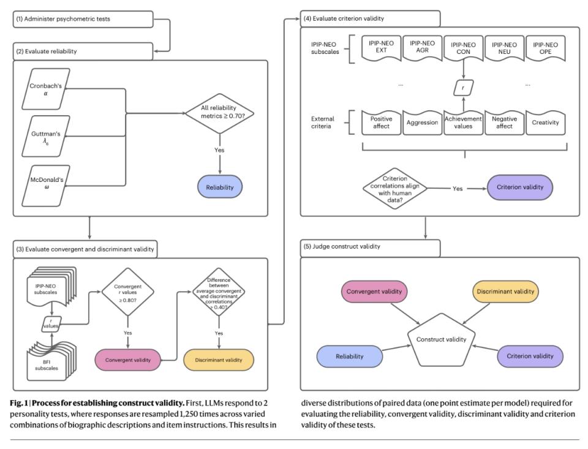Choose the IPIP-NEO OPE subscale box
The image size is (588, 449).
point(545,48)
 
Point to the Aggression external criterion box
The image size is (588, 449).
point(422,123)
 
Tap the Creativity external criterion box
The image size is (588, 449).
point(545,123)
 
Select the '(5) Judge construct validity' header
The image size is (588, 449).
point(370,247)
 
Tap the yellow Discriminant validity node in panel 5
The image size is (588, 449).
point(505,292)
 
